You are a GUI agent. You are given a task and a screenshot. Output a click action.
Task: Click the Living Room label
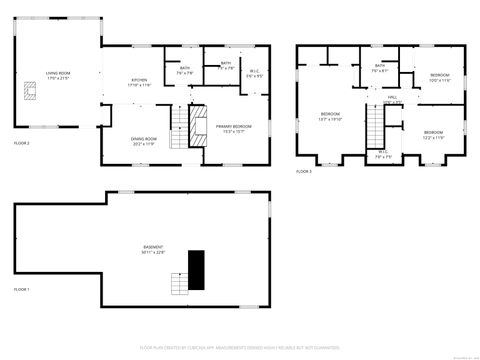click(x=57, y=75)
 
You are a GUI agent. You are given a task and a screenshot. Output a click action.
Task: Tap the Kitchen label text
click(x=139, y=84)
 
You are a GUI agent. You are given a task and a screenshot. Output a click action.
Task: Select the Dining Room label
click(x=144, y=141)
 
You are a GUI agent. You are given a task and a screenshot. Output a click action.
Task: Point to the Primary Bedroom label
click(x=233, y=129)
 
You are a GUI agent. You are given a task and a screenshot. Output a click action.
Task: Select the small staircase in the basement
click(x=179, y=285)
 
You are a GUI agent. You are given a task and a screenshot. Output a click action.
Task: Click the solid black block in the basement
click(x=196, y=268)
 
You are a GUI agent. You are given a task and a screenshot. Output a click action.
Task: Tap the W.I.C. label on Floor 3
click(x=383, y=155)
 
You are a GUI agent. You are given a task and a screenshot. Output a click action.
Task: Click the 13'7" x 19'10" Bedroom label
click(x=331, y=116)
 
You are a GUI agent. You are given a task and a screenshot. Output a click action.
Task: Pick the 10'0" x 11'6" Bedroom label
click(x=440, y=77)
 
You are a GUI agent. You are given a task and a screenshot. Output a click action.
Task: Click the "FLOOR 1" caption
click(x=22, y=289)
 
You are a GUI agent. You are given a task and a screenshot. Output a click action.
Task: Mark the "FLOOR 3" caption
click(x=304, y=172)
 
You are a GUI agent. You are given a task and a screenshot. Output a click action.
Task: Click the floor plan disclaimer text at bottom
click(x=239, y=349)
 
